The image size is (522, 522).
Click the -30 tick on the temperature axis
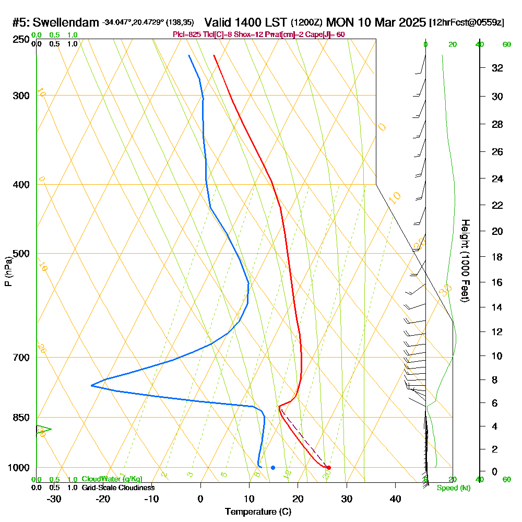54,499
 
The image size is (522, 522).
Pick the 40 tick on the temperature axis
396,499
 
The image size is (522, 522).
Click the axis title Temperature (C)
258,512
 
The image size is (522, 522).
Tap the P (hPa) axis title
8,271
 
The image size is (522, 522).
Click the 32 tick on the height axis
497,68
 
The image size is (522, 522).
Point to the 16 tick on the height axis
497,282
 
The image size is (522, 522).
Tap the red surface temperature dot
328,467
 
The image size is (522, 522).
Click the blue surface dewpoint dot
273,467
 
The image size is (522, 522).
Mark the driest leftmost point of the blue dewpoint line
91,385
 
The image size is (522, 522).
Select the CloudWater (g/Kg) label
112,479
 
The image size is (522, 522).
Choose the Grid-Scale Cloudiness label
118,488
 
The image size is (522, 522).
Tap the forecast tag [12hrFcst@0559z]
466,23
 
